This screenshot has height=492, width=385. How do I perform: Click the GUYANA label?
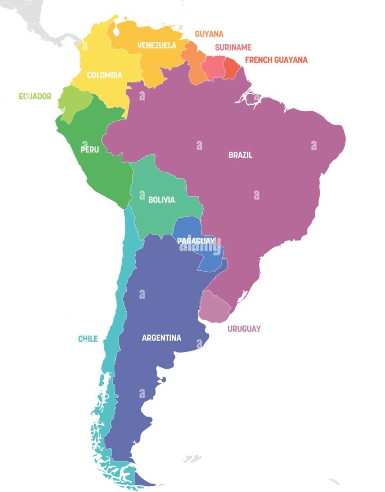(x=209, y=34)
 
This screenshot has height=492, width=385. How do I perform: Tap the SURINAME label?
(x=233, y=47)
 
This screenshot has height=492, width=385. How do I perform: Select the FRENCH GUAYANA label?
(x=276, y=60)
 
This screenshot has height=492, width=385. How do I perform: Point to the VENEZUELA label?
(x=157, y=45)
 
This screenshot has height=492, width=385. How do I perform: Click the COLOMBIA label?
(x=105, y=75)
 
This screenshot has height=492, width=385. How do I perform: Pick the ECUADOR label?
(x=35, y=96)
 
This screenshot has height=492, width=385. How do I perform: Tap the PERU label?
(x=89, y=150)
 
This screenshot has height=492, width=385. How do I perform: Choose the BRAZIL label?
(x=240, y=155)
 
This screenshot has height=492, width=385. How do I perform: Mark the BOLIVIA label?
(x=162, y=200)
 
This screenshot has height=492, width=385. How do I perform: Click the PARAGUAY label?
(x=196, y=241)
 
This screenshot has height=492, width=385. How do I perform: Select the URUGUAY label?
(x=244, y=329)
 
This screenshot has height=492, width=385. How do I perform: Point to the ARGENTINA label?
(x=162, y=338)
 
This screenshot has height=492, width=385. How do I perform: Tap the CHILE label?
(x=88, y=339)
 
